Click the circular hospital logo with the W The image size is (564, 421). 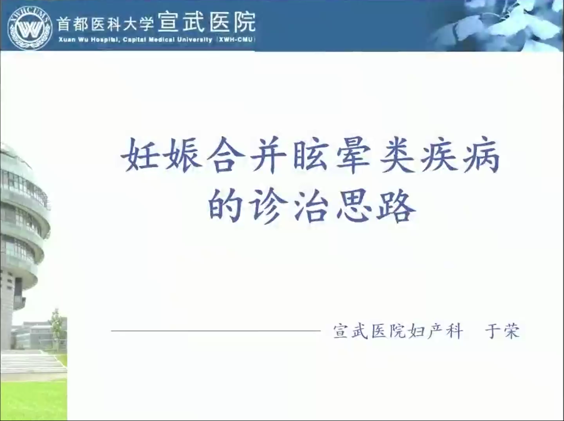[30, 28]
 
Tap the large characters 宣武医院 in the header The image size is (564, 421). [207, 22]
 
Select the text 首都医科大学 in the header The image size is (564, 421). [105, 24]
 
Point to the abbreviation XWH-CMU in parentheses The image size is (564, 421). [236, 40]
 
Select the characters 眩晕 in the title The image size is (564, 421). [332, 155]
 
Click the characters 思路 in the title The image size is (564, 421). [376, 205]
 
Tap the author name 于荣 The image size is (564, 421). [502, 331]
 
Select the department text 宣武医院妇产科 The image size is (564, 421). [398, 331]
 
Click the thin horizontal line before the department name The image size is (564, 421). [216, 331]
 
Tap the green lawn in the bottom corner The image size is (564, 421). [33, 401]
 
